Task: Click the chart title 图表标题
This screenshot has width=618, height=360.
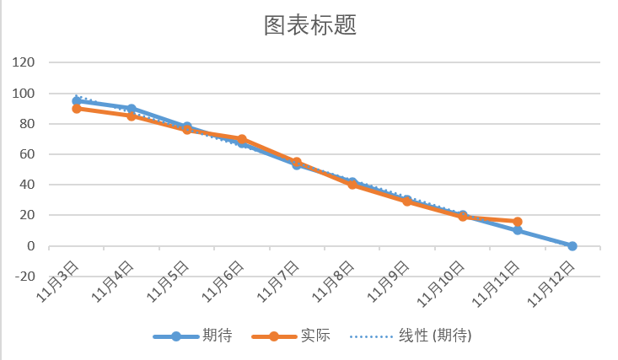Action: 309,25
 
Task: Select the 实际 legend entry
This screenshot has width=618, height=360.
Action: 314,336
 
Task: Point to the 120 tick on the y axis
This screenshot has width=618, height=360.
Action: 24,62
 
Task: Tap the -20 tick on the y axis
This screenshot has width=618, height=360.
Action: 24,277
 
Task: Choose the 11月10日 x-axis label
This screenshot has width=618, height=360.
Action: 448,283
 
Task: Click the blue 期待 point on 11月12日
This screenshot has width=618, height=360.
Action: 572,246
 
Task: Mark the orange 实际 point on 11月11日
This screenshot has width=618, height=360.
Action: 517,222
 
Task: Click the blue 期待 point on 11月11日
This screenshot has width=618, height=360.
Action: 517,230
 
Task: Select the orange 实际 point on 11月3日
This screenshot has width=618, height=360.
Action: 77,109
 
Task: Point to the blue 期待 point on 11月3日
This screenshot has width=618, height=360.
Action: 77,100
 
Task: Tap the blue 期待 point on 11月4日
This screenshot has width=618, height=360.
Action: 132,109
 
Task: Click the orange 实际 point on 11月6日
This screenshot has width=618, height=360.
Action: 242,139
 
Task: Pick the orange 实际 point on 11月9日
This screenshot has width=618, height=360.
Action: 407,201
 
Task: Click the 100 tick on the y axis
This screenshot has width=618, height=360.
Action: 24,93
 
